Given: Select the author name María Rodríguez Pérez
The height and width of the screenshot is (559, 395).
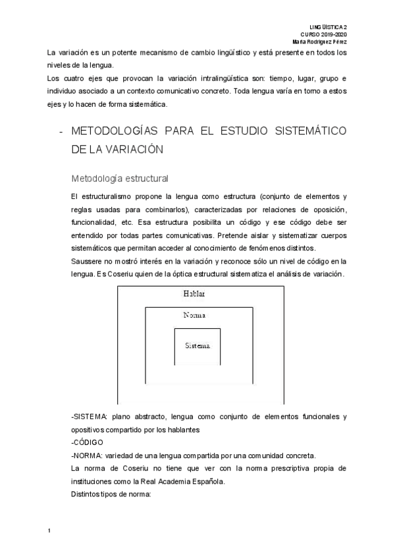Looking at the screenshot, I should [319, 41].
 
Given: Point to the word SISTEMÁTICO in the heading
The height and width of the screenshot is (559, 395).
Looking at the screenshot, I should [311, 131].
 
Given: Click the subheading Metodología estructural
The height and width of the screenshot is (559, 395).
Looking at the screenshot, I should [120, 178].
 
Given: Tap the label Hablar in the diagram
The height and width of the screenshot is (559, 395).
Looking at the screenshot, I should [194, 293].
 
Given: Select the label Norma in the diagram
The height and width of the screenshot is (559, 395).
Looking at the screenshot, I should [196, 316].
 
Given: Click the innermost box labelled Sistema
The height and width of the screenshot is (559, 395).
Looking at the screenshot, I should [197, 345].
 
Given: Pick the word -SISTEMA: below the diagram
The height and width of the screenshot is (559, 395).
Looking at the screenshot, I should [89, 417].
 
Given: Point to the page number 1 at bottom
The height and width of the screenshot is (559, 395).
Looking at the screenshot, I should [50, 529].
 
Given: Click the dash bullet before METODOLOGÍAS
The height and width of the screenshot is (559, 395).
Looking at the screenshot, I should [61, 131].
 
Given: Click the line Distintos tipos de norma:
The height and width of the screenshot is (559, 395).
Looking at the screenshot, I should [111, 494].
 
